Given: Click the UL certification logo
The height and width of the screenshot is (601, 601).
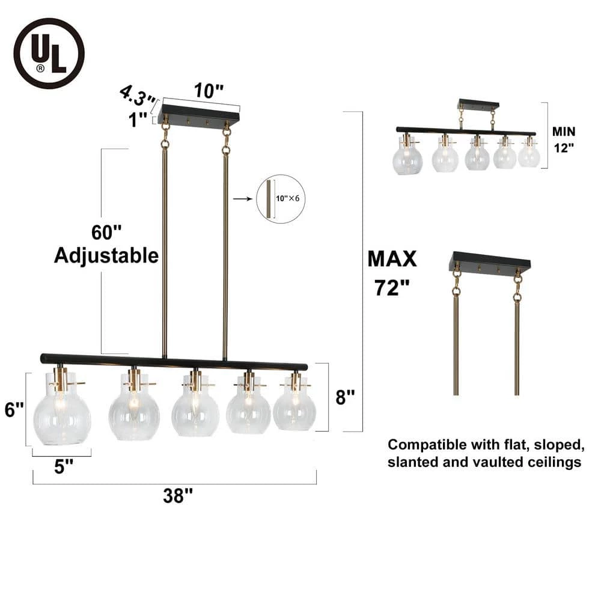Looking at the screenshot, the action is pos(49,53).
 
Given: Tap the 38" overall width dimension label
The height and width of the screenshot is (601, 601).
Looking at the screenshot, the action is pos(177,496).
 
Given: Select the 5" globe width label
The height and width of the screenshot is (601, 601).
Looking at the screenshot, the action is pos(63,466).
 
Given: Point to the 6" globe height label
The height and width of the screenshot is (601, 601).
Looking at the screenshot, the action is pos(14,409).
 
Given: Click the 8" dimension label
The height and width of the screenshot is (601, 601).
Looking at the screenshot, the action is pos(345,397).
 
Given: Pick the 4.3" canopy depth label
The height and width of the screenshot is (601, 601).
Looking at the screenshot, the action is pos(138,96).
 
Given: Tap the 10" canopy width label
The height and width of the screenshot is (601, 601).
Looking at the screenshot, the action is pos(208,91).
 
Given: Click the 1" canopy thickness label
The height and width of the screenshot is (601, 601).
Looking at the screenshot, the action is pos(138,120).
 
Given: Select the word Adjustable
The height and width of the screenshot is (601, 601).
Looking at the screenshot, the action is pos(106,255).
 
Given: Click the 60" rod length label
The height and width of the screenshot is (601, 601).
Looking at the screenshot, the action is pos(106,232).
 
